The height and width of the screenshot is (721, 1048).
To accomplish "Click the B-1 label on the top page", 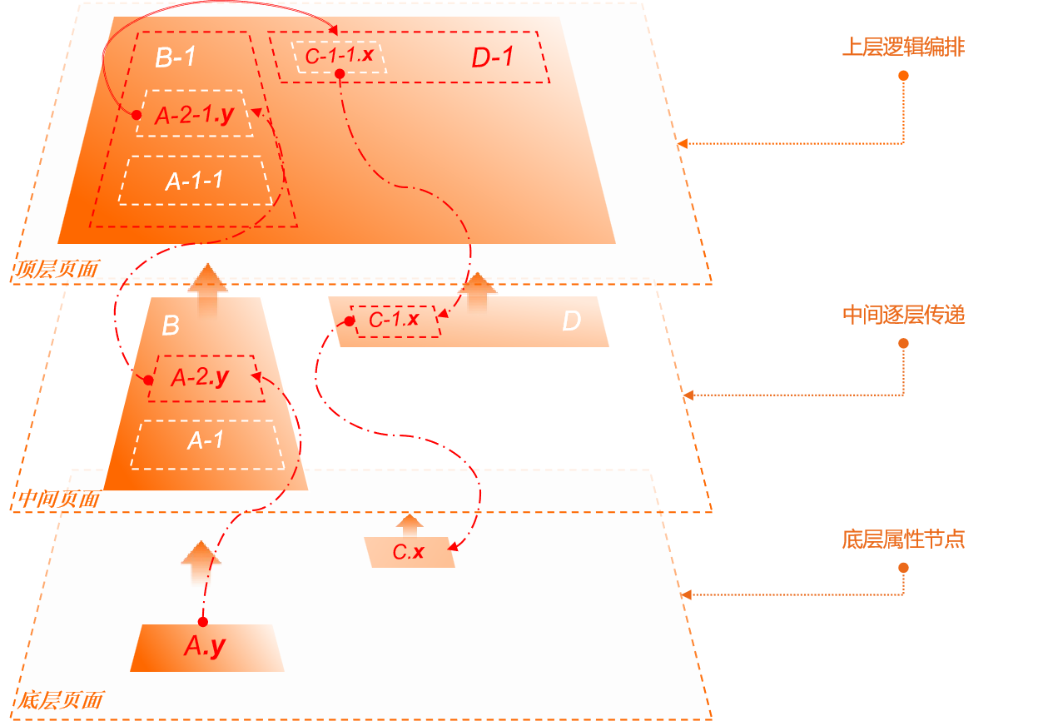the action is coord(176,57).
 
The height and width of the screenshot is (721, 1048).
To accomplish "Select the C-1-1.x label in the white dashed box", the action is coord(339,56).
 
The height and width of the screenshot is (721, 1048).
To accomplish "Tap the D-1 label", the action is coord(492,57).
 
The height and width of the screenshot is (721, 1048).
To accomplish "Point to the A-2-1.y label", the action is coord(195,115).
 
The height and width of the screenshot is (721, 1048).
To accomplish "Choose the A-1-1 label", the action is coord(194,181).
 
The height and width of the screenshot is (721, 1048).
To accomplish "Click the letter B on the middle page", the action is coord(171,326).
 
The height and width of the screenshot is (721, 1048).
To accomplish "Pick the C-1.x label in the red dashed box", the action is coord(394,320).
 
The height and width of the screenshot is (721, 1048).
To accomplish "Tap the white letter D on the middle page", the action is coord(571,321).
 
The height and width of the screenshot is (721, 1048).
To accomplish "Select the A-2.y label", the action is coord(201,377).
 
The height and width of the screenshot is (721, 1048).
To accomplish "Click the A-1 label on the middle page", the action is coord(206,440).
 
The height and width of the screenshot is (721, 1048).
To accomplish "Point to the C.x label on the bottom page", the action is coord(409,552).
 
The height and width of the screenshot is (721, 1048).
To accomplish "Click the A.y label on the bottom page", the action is coord(205,646).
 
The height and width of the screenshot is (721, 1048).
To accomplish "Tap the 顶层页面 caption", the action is coord(56,269).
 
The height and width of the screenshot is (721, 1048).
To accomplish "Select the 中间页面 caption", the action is coord(58,499).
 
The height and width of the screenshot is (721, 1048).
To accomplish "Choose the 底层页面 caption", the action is coord(60,700).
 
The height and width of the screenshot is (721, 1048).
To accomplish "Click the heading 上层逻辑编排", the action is coord(903,47).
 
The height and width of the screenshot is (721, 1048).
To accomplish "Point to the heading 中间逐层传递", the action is coord(903,315).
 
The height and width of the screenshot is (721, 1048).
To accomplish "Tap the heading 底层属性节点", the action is coord(903,540).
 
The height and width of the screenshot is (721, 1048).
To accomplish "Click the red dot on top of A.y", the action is coord(203,622).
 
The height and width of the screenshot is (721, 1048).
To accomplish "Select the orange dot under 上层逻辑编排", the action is coord(903,76).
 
